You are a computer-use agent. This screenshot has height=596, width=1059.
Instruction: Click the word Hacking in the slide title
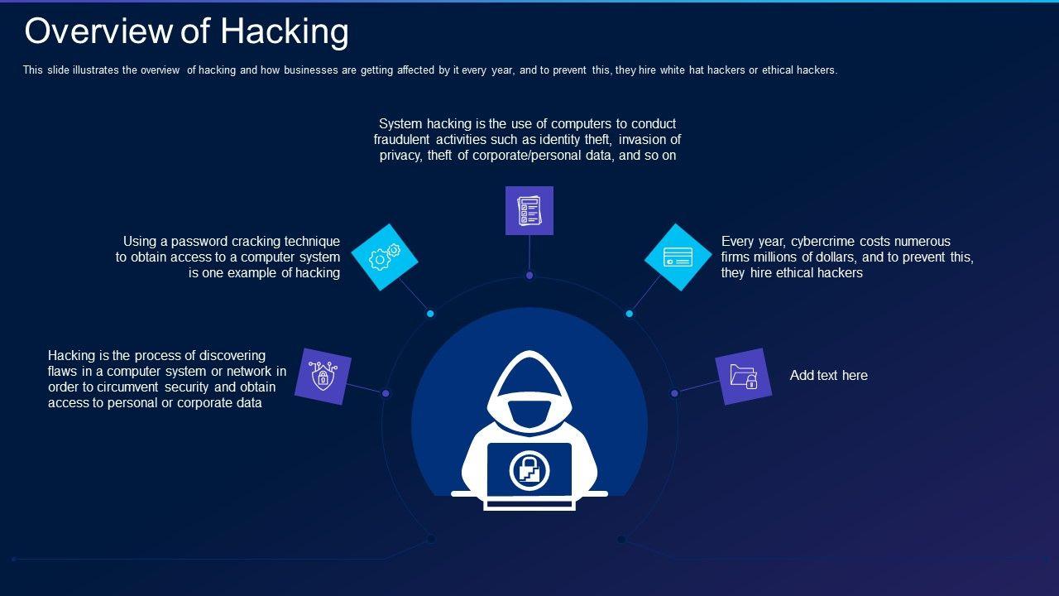point(284,31)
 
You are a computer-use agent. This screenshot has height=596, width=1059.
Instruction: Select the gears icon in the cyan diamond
point(385,257)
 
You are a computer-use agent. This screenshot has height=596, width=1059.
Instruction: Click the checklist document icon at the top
point(529,210)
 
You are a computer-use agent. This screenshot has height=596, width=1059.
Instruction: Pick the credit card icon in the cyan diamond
point(678,257)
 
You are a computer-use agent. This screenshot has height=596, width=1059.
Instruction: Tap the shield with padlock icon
point(323,377)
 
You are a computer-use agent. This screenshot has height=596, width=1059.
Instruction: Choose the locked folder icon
point(743,377)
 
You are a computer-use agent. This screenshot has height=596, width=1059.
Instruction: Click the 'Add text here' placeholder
point(828,375)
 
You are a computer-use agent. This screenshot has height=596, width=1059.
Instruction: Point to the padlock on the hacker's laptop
point(529,470)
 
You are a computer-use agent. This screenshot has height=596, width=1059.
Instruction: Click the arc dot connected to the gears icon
point(430,314)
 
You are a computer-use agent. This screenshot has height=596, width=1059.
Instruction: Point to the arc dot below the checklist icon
point(529,275)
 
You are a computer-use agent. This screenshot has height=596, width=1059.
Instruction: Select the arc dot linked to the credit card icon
point(630,314)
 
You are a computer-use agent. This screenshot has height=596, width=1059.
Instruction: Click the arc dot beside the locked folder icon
point(674,393)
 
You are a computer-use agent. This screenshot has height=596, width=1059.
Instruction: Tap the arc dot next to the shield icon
point(386,393)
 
